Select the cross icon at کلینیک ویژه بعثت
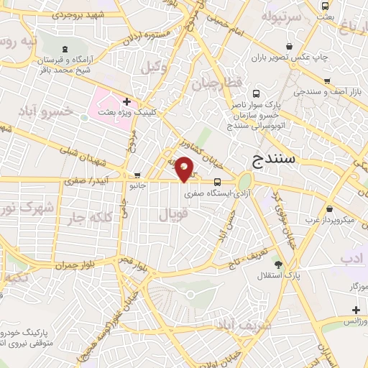(126, 102)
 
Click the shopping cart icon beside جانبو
(137, 175)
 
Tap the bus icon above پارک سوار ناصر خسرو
(257, 93)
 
